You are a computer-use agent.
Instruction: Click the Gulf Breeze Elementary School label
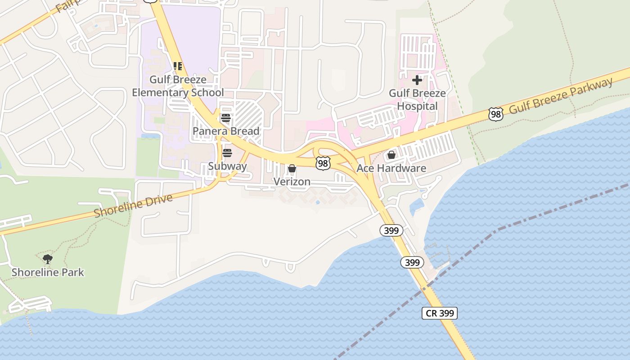178,86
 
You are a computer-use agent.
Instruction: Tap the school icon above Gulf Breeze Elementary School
178,66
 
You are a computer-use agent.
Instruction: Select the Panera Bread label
226,131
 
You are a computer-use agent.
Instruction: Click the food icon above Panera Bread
226,118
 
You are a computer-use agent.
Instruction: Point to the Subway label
227,166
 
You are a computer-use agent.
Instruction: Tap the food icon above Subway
227,153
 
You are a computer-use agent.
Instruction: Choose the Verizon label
292,181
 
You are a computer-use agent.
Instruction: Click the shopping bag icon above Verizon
292,169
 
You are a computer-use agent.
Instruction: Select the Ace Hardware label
391,168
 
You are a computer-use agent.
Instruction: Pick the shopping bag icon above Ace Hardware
391,155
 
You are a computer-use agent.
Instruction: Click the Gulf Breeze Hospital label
417,99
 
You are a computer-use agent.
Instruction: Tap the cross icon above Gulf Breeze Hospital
417,80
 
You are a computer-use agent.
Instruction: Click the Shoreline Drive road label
133,206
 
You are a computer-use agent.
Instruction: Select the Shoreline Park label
48,272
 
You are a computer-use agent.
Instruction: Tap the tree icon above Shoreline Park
48,259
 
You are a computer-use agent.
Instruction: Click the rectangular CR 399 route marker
439,313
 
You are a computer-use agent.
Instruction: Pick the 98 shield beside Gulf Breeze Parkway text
496,114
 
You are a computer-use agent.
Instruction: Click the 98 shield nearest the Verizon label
322,163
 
